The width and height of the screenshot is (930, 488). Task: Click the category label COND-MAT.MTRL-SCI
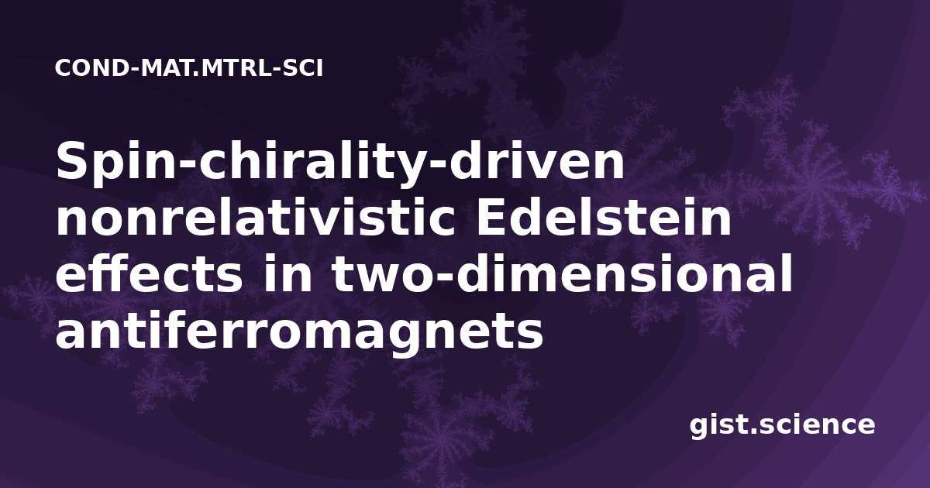[189, 68]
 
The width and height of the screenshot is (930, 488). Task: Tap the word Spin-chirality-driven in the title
[340, 163]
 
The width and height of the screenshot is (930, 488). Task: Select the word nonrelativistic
[256, 217]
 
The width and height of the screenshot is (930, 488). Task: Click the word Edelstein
[604, 217]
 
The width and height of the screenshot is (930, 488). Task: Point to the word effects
[149, 274]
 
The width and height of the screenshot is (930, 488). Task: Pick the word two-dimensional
[562, 274]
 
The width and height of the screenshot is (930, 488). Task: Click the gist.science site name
[782, 425]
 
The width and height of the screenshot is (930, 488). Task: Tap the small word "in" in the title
[287, 274]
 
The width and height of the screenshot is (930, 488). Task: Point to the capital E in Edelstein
[492, 217]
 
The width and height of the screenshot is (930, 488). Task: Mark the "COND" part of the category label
[91, 68]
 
